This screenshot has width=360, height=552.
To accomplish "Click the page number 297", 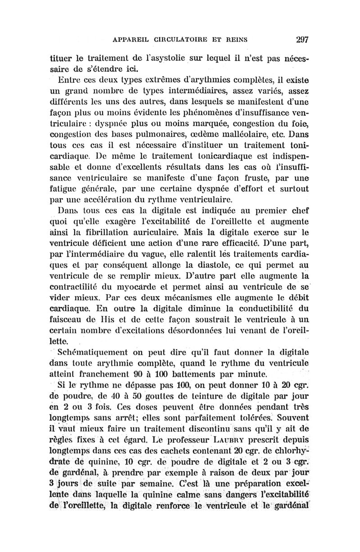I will click(x=299, y=39).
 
